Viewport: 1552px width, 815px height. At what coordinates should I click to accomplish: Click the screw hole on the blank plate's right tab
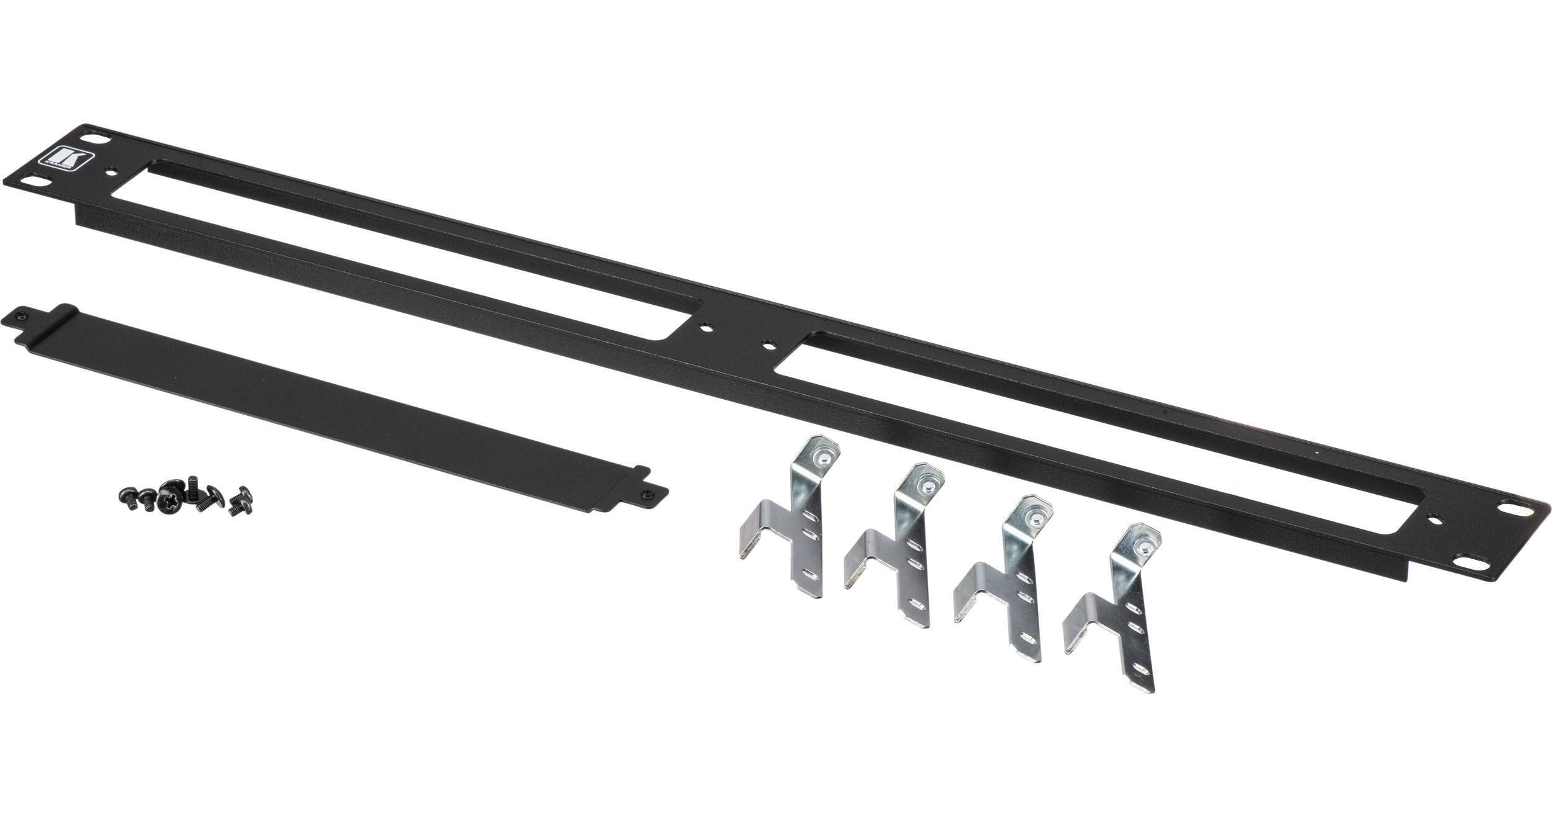click(647, 493)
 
